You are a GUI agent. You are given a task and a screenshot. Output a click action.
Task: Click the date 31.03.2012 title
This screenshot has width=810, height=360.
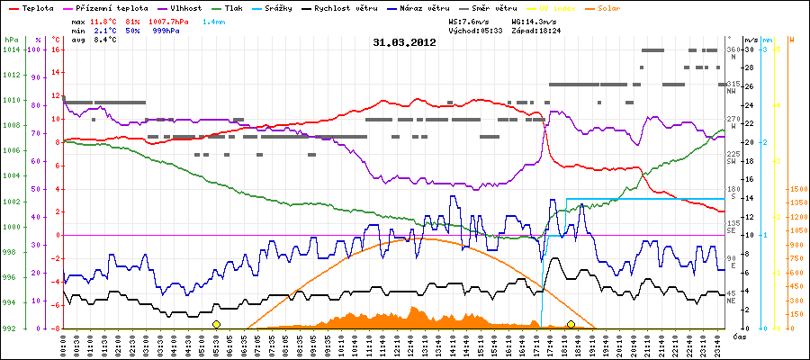click(x=404, y=41)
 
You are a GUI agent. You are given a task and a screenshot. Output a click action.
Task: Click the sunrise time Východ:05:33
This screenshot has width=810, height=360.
click(x=460, y=30)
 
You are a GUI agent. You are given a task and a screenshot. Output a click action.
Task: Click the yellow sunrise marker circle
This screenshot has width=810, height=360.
click(x=216, y=324)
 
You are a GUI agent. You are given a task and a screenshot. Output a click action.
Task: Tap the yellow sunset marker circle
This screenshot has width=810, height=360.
click(x=571, y=324)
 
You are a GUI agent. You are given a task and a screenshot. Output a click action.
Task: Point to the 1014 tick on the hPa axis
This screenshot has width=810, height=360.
click(x=11, y=49)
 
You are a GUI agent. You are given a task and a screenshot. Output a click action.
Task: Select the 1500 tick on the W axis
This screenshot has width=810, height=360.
click(x=797, y=189)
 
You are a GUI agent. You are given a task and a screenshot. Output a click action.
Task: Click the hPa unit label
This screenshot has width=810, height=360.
click(x=11, y=40)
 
